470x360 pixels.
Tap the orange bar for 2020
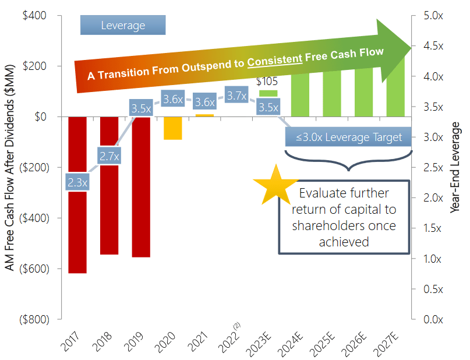[x=172, y=128]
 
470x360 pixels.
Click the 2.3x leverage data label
[x=77, y=182]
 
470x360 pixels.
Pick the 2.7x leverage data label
[x=109, y=156]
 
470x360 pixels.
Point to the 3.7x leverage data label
[x=236, y=96]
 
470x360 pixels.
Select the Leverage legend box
[x=123, y=26]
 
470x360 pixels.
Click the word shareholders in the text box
[x=344, y=225]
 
